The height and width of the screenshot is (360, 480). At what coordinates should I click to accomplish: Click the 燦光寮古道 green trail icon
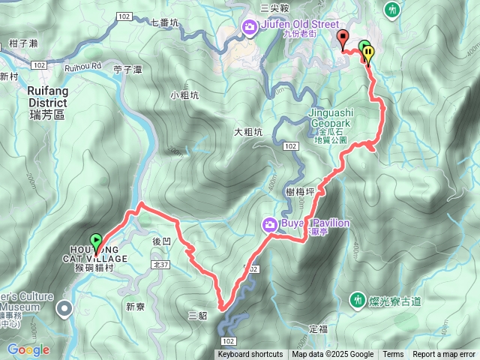[358, 301]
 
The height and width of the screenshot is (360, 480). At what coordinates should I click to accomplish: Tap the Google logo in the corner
[28, 349]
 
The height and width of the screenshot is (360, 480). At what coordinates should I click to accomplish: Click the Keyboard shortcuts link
[250, 355]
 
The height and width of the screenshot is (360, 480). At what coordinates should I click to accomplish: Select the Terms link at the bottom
[393, 355]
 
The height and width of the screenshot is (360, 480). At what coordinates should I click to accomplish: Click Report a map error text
[445, 355]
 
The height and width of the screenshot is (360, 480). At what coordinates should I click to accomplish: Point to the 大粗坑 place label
[247, 132]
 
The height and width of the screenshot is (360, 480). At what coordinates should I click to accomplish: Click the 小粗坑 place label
[184, 95]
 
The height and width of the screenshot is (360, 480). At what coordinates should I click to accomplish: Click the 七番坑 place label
[165, 22]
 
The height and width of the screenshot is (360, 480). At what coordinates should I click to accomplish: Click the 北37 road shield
[160, 264]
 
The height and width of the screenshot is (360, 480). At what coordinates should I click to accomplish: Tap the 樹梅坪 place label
[301, 192]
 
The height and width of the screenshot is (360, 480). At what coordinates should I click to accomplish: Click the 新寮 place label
[135, 306]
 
